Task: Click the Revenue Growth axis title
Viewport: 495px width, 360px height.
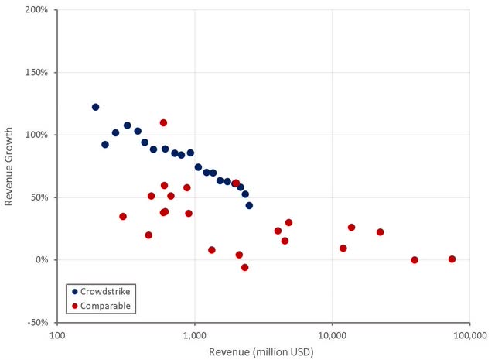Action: tap(10, 166)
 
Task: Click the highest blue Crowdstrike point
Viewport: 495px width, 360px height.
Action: tap(95, 107)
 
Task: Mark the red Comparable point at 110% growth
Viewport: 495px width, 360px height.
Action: tap(163, 122)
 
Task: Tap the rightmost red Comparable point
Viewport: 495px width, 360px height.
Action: tap(452, 259)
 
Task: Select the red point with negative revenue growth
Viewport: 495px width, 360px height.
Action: tap(244, 267)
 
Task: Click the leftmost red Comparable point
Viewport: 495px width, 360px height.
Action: tap(123, 217)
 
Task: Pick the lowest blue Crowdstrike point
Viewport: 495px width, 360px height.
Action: tap(249, 205)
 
